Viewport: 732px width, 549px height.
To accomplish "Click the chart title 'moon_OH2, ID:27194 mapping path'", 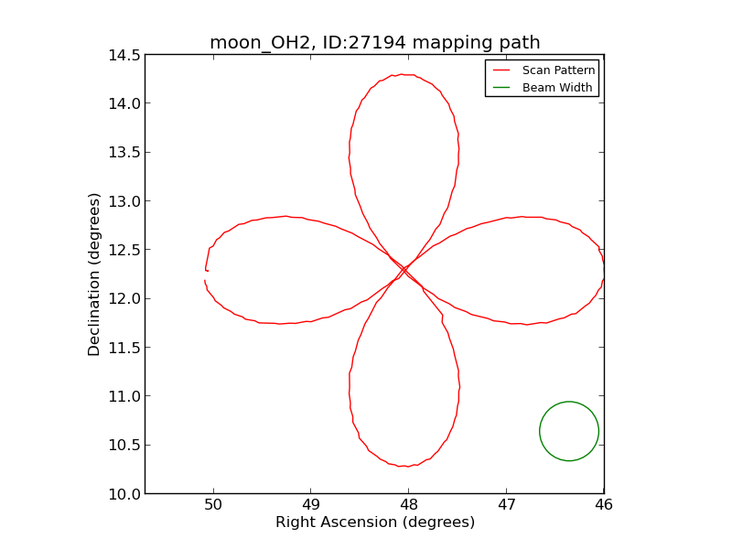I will click(374, 43).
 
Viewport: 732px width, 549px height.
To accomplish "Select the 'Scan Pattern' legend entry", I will click(558, 70).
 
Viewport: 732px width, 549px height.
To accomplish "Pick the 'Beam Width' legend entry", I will click(557, 88).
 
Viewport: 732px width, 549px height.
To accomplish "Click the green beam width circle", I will click(569, 431).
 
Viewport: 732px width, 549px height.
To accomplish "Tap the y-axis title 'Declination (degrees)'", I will click(94, 274).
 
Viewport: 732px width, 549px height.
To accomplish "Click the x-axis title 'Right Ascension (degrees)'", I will click(375, 522).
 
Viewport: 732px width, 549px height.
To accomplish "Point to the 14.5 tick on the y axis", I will click(122, 55).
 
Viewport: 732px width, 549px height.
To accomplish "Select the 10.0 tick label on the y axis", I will click(122, 494).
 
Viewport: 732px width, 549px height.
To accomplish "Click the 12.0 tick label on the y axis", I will click(122, 299).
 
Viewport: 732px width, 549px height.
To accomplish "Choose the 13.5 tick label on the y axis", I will click(122, 153).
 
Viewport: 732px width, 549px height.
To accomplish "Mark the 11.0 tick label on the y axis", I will click(122, 396).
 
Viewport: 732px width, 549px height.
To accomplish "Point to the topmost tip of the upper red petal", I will click(403, 74).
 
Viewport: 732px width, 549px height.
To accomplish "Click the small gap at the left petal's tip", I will click(205, 275).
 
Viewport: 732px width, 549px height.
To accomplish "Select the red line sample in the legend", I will click(501, 70).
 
